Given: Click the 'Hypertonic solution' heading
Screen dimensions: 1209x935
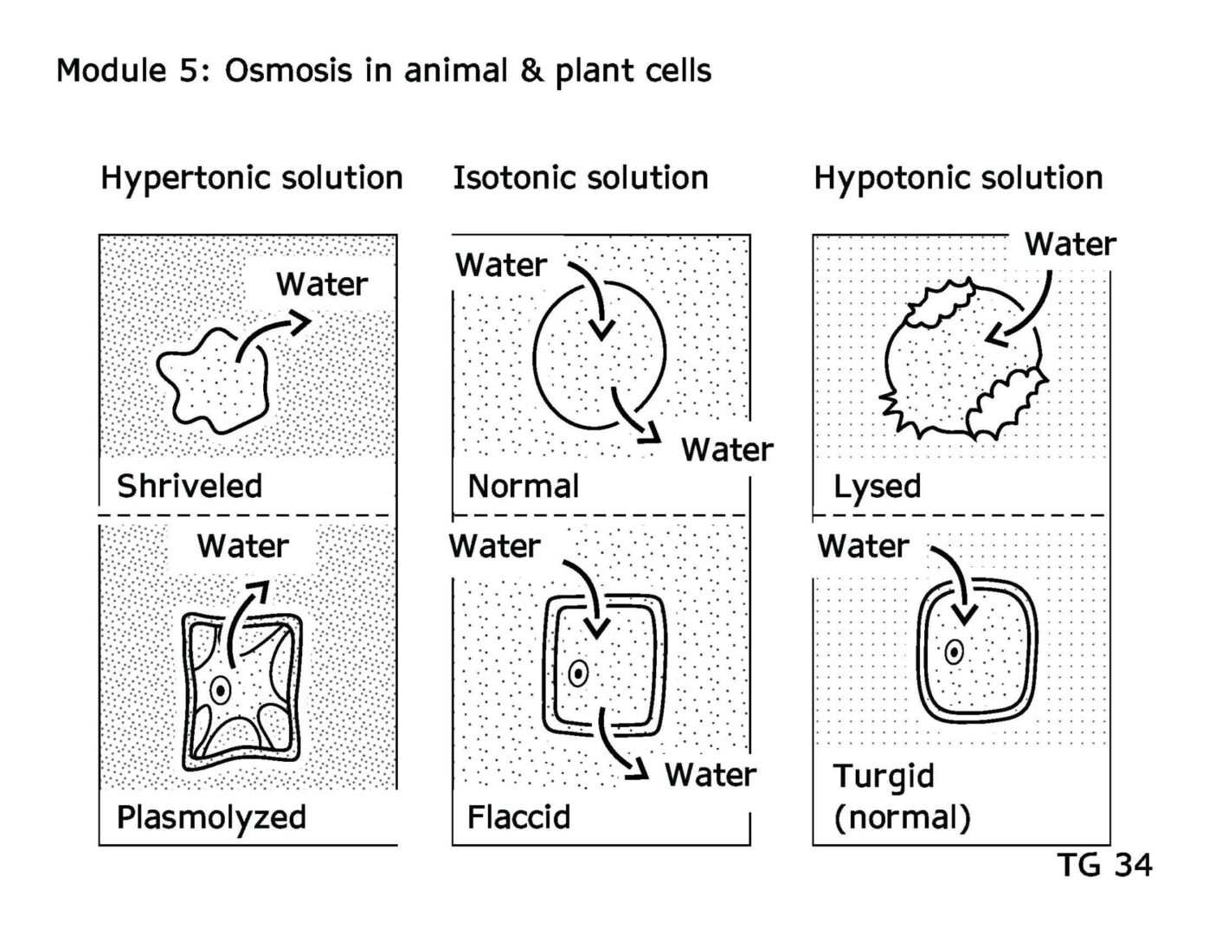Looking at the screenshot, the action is point(252,179).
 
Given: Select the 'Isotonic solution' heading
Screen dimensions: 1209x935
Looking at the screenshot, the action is point(581,178).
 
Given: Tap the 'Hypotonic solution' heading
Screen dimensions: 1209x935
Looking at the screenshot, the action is point(958,179).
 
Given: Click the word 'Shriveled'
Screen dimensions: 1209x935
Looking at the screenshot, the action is point(190,486).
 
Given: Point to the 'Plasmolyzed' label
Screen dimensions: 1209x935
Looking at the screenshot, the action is point(211,818).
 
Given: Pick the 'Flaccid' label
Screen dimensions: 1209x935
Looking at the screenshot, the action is point(519,817).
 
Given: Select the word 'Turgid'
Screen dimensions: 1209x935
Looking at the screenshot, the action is point(883,777).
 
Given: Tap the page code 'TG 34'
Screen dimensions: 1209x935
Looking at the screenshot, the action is point(1104,864).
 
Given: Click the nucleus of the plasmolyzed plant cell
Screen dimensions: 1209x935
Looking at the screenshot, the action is point(221,691).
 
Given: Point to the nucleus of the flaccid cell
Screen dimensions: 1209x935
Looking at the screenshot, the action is point(578,674).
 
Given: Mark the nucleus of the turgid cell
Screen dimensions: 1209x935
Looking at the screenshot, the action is point(955,652).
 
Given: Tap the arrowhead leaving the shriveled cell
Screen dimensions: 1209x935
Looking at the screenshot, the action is point(299,322).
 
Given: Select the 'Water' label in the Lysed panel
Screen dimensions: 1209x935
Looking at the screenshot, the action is point(1071,244).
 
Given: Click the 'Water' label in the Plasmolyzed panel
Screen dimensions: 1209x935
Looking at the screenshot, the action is point(243,545).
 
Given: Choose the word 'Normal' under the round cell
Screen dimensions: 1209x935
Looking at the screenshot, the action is point(524,486).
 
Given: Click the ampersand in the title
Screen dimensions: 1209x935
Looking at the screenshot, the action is point(531,71).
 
